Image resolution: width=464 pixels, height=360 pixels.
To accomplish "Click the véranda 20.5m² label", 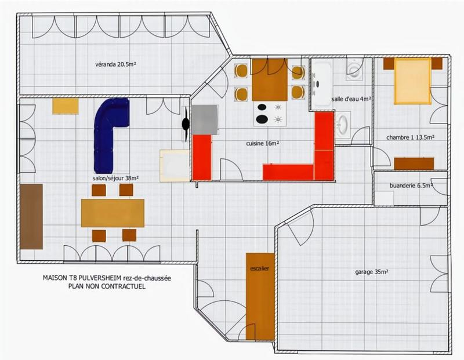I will tap(115, 64).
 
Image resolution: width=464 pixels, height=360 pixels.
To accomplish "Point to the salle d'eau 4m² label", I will tap(350, 99).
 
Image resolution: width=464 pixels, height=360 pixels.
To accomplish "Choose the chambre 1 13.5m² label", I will tap(410, 137).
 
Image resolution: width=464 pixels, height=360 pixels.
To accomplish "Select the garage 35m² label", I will tap(371, 271).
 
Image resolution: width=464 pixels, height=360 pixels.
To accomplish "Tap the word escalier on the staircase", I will tap(259, 268).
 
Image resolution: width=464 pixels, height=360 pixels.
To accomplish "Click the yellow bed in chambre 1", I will tap(412, 81).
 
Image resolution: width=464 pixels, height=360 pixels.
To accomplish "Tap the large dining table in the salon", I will tap(113, 213).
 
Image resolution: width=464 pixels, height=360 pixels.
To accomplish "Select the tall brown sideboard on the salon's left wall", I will tap(31, 216).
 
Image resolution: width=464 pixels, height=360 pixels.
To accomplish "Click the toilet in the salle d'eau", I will tap(354, 70).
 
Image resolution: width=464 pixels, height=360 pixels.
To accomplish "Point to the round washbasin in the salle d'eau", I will tap(343, 124).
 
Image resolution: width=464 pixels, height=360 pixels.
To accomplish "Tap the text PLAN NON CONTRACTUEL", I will tap(106, 286).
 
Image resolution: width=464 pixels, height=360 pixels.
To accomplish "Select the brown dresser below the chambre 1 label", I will tap(414, 163).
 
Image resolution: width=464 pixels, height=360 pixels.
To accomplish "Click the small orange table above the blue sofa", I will tap(65, 106).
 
